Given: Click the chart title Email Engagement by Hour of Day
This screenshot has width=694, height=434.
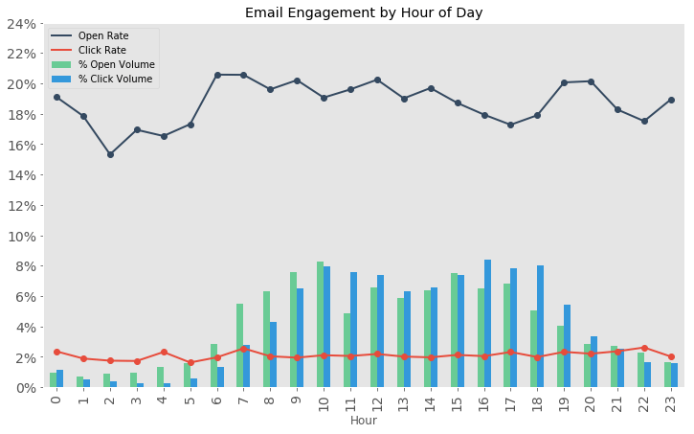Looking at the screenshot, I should (364, 12).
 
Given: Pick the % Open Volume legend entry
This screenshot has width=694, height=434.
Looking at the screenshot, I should (116, 65).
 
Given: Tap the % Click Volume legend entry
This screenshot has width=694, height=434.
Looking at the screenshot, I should (115, 80).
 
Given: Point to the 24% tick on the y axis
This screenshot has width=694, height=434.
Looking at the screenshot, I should (20, 23).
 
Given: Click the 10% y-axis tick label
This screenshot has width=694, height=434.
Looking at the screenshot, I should (20, 236).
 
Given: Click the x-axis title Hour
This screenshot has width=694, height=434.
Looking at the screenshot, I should (364, 421).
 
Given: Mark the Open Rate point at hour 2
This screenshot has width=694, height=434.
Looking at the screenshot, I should (110, 154).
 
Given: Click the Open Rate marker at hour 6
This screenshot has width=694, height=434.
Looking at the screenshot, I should (217, 75).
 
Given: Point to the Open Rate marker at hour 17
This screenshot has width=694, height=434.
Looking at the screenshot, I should (511, 125).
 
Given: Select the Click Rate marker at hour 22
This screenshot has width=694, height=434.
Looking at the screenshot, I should (644, 348).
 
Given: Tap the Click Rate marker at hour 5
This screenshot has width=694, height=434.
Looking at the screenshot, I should (190, 362).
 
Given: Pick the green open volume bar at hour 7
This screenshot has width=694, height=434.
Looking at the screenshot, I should (240, 346).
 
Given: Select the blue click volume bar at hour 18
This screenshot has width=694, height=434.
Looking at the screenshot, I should (541, 327).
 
